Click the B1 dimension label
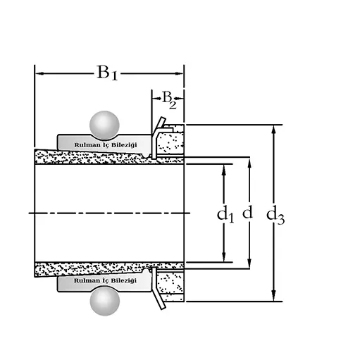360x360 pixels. [107, 73]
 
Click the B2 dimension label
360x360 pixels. [169, 100]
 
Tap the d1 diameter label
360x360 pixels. [225, 214]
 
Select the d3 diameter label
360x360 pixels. [275, 216]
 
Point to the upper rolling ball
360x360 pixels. [104, 125]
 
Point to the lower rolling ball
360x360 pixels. [105, 301]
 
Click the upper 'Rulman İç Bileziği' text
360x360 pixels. [106, 145]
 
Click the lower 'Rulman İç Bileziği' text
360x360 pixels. [105, 280]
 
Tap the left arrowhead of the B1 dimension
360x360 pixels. [39, 73]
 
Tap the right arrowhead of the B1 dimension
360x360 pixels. [179, 73]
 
